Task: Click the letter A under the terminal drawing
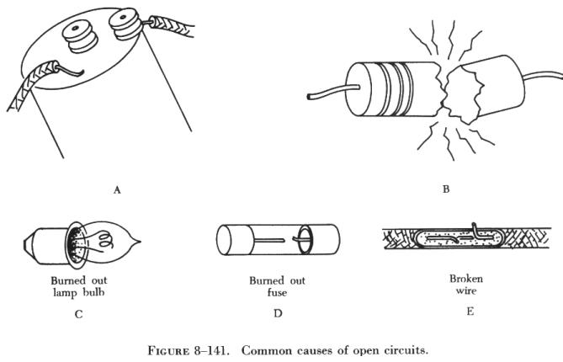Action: coord(117,191)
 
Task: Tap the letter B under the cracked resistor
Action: coord(445,189)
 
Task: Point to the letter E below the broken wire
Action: coord(470,311)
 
